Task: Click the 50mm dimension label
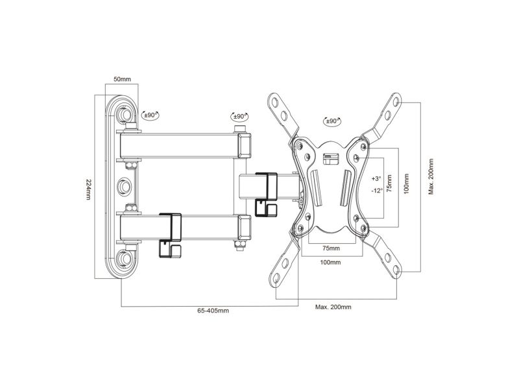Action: click(122, 79)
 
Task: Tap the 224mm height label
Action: click(88, 189)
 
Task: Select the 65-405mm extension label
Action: click(213, 311)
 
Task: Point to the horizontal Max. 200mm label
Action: click(333, 307)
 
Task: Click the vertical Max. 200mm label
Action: click(431, 176)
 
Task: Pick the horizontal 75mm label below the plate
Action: click(331, 248)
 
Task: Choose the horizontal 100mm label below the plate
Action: click(330, 263)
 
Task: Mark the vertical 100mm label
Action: click(407, 184)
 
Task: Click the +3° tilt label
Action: click(376, 179)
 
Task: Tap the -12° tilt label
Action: click(377, 191)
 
